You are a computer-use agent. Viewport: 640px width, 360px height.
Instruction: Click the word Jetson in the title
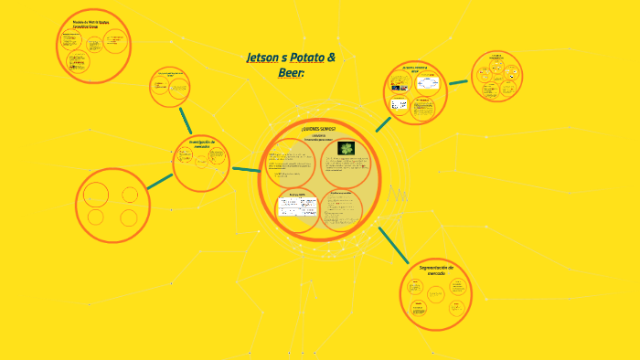coord(264,58)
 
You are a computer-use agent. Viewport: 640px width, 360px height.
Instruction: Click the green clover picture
coord(347,148)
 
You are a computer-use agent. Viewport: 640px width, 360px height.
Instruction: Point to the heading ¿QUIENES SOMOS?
coord(318,129)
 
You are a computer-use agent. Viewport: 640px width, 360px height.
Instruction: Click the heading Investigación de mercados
coord(200,143)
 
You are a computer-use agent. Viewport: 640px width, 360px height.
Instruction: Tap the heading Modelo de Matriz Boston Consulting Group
coord(91,23)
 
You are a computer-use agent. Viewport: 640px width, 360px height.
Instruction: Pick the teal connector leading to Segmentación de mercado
coord(394,246)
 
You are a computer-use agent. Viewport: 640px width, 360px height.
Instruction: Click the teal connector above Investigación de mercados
coord(186,120)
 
